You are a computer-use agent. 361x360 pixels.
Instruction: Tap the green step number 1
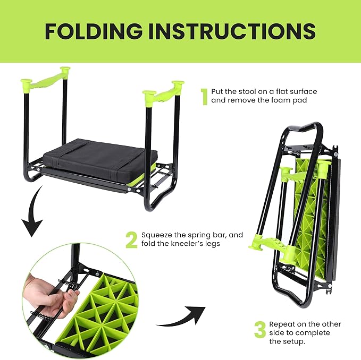click(204, 96)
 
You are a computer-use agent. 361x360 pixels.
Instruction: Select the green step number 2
click(131, 240)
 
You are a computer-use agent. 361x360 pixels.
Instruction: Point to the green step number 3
click(259, 329)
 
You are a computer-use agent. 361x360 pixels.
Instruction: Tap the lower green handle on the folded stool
click(265, 245)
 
